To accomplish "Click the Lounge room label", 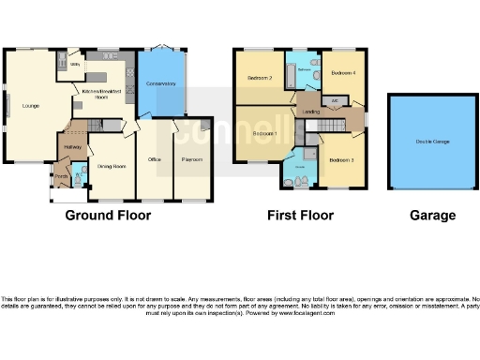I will [x=31, y=105].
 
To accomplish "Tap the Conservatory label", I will [x=161, y=85].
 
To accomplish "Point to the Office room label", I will [x=155, y=160].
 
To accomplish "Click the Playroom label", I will [x=192, y=160].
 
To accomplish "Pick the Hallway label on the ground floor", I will [x=73, y=146].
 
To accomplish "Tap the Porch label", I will [x=60, y=176].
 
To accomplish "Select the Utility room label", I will [x=75, y=65].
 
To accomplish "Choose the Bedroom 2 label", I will [x=259, y=78].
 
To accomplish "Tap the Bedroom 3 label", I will [x=340, y=160].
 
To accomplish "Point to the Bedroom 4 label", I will [x=343, y=72].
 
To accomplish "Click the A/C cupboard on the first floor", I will [x=335, y=100].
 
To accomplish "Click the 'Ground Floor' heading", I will [x=108, y=215].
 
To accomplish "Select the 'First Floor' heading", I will [x=300, y=215].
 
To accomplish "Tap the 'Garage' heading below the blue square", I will [x=432, y=215].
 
